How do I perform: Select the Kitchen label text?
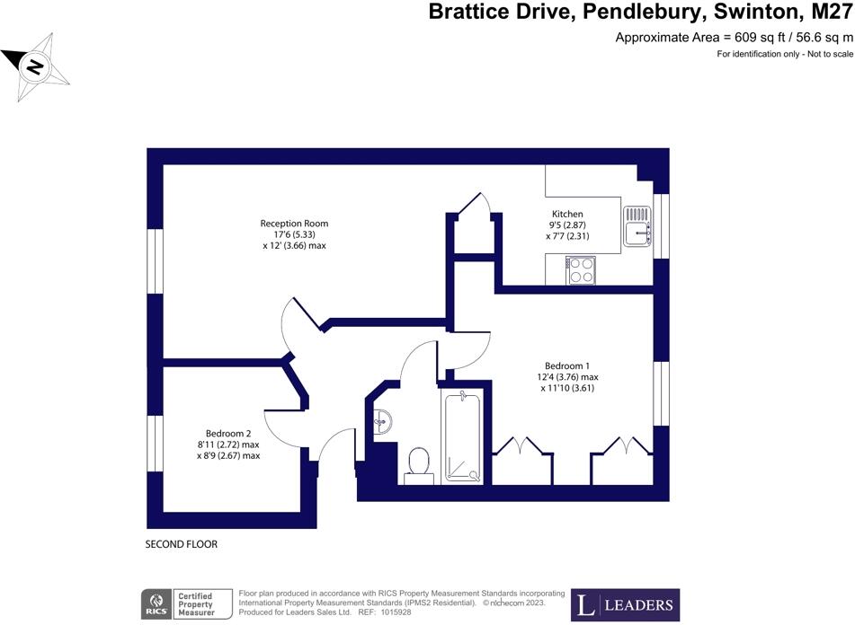pos(567,214)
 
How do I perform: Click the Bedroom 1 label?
pos(567,365)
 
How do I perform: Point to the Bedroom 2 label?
pos(227,433)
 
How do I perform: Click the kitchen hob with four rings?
pos(581,269)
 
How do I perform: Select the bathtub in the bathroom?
pos(463,436)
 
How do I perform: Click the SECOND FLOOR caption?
pos(181,544)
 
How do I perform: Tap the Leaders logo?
pos(625,604)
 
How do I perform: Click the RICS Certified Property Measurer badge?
pos(186,604)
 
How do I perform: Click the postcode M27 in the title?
pos(827,12)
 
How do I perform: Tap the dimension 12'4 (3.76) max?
pos(568,377)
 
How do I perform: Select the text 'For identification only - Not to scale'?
pos(784,55)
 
